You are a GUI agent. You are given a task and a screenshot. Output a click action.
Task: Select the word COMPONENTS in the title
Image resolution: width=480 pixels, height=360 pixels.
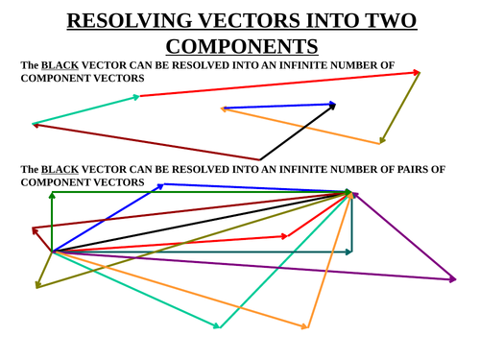tap(241, 46)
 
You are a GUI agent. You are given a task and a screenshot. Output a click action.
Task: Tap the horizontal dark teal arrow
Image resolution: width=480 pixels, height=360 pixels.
tap(202, 252)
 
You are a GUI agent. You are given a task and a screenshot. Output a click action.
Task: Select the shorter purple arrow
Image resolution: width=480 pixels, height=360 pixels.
tap(403, 236)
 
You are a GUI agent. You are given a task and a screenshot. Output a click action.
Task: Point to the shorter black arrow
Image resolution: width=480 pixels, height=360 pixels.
tap(298, 132)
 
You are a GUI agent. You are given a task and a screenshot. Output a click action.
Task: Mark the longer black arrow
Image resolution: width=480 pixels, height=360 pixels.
tap(202, 223)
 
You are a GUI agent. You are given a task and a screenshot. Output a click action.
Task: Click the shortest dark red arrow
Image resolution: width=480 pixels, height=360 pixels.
tap(42, 240)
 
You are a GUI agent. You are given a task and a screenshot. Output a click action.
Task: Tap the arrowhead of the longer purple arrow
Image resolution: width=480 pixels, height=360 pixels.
tap(452, 279)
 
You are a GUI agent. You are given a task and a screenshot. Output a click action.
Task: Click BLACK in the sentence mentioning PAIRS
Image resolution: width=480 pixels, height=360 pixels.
tap(60, 170)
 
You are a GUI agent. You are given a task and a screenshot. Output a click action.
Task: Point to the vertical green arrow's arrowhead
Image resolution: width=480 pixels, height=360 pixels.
tap(52, 196)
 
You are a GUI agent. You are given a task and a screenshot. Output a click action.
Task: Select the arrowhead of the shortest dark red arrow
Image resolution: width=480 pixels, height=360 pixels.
tap(35, 230)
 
